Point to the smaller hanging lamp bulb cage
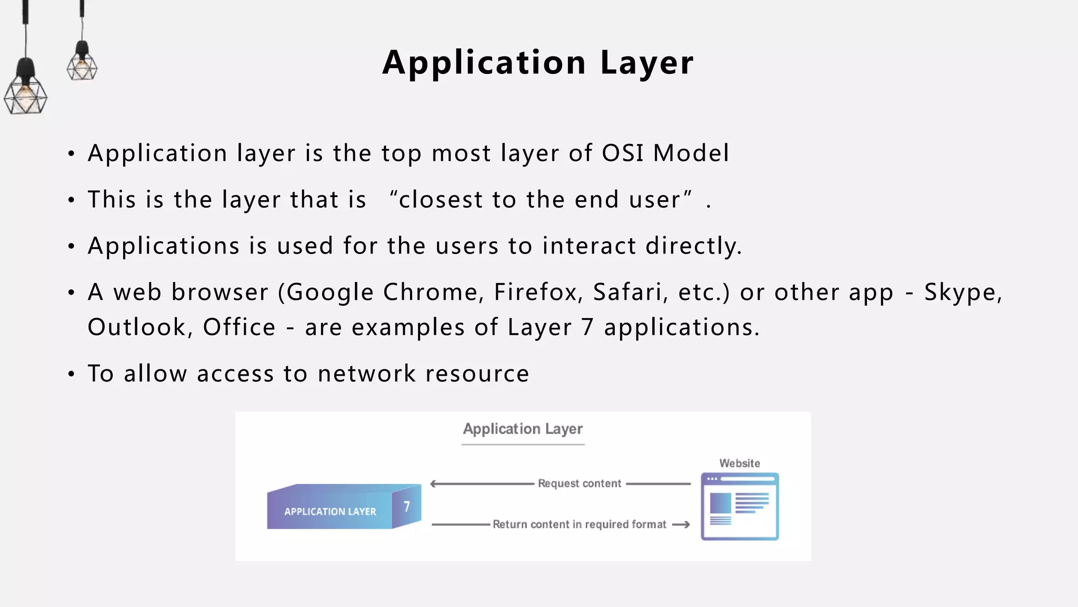82,67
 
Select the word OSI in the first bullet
623,153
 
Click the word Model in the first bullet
691,153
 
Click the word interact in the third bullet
589,246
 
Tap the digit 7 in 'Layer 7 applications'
587,327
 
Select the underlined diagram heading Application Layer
523,429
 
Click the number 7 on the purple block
407,506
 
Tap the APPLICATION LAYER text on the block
330,512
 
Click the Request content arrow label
580,484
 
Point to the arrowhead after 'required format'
683,524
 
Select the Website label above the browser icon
740,463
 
